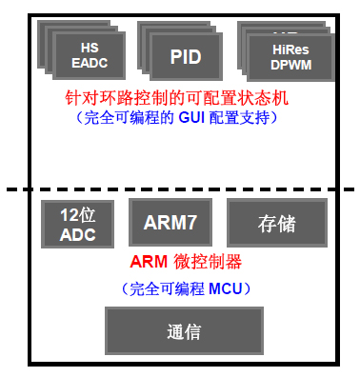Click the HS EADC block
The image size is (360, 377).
90,55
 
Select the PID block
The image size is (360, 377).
185,57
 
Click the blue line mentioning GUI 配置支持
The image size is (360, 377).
180,117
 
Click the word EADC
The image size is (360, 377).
90,63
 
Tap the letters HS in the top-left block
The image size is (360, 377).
90,48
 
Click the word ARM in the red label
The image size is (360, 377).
144,261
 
